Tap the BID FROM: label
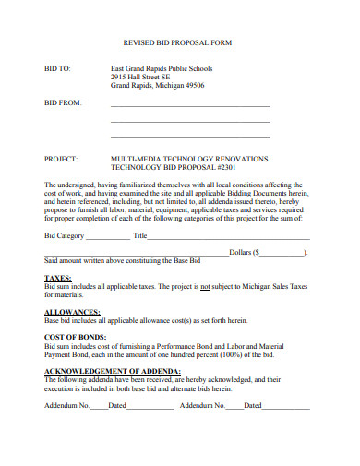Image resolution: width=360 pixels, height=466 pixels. click(64, 103)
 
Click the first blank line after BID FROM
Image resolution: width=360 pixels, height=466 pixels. click(190, 106)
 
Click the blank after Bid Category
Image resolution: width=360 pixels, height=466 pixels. click(108, 237)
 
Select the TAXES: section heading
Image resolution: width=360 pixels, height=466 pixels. click(58, 277)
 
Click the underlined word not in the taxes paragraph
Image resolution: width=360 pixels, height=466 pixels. click(206, 286)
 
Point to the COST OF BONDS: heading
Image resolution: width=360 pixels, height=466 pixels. click(72, 337)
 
